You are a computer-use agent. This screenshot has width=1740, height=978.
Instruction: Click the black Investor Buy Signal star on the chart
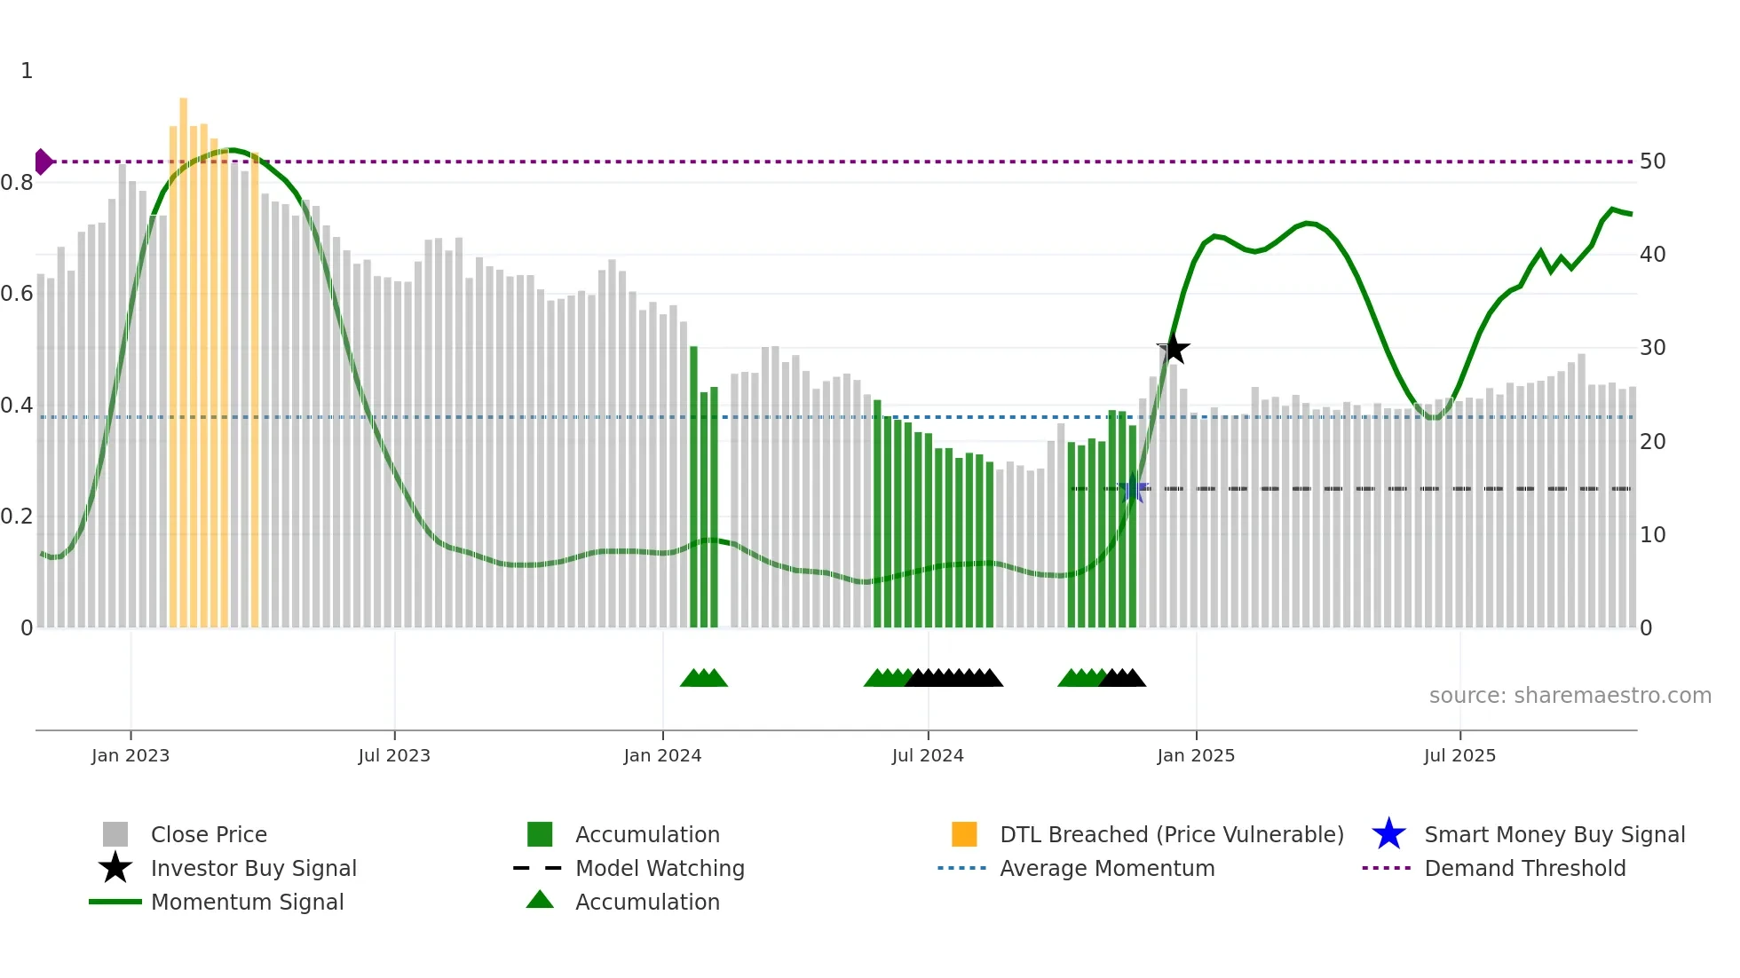(1173, 349)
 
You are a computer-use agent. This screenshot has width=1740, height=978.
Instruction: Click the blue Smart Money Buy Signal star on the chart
(1132, 488)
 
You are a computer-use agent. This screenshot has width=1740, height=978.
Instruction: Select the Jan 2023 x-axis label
(130, 755)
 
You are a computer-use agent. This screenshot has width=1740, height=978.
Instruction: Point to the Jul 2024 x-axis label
(928, 755)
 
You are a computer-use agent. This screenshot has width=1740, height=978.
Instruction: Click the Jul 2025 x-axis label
(1459, 755)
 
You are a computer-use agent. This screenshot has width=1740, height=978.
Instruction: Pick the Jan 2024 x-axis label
(662, 755)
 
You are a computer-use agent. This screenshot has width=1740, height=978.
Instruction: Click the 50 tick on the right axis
(1652, 162)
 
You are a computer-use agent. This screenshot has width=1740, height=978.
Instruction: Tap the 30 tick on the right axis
(1652, 348)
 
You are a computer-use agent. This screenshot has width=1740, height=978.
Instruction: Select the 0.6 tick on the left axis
(17, 294)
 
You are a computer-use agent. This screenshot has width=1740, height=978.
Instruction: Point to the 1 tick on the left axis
(27, 71)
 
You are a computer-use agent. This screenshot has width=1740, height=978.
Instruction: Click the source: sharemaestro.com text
(1570, 696)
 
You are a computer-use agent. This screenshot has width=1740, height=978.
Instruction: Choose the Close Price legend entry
(209, 834)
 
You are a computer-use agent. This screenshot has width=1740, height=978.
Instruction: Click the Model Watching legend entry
(660, 868)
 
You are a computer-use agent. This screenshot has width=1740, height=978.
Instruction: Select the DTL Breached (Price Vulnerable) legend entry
(1171, 834)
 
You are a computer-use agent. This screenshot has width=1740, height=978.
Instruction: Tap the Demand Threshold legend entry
(1524, 868)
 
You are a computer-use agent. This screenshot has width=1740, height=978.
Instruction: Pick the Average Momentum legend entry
(1106, 868)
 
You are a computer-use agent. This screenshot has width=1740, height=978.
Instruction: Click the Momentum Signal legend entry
(247, 902)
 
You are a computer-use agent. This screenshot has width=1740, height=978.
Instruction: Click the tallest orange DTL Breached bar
(184, 355)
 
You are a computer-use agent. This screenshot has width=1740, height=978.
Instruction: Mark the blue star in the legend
(1388, 834)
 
